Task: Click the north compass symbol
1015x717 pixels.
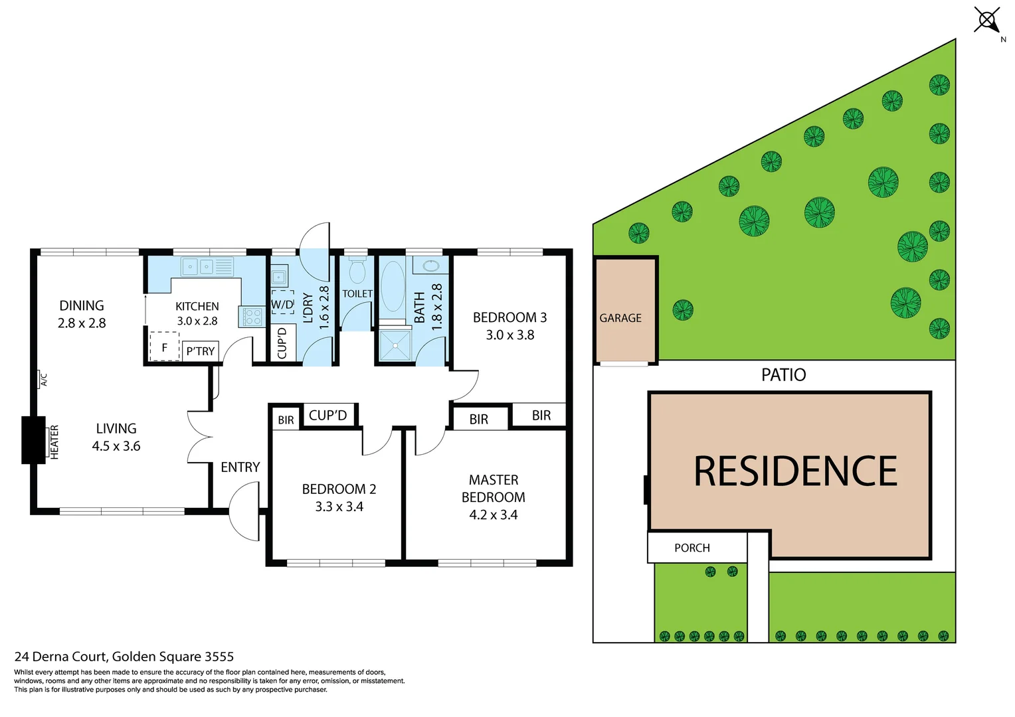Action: coord(987,19)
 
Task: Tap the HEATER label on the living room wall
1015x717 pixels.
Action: coord(54,442)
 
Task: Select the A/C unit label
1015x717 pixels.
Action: coord(44,380)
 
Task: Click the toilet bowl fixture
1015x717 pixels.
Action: coord(357,271)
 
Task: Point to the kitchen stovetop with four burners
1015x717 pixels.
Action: coord(252,317)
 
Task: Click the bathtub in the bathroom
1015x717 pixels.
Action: coord(393,286)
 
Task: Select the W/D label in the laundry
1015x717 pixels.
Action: coord(282,305)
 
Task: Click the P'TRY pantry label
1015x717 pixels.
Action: coord(200,351)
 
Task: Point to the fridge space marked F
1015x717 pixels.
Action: coord(164,347)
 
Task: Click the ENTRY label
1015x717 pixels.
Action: coord(240,467)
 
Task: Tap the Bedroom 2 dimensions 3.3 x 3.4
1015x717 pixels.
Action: coord(339,507)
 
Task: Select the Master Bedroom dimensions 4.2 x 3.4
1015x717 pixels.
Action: coord(493,515)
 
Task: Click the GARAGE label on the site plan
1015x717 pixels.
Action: coord(620,318)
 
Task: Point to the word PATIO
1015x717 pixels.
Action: coord(783,375)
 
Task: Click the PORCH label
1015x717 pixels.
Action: coord(692,548)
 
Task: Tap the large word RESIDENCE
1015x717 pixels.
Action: coord(795,471)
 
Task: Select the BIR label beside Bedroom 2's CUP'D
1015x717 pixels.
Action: coord(286,420)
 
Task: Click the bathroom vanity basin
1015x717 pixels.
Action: coord(430,266)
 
